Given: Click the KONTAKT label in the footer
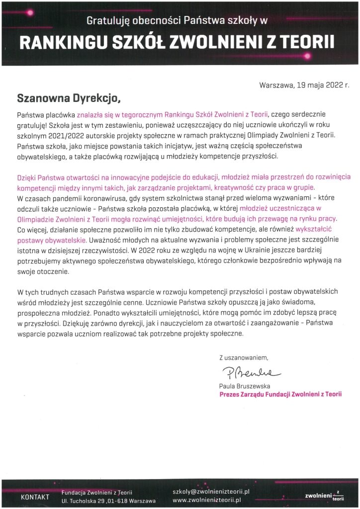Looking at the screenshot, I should pyautogui.click(x=35, y=497).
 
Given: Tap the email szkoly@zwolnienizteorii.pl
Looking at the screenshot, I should pyautogui.click(x=210, y=491).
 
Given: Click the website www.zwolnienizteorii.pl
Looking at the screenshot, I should pyautogui.click(x=206, y=500).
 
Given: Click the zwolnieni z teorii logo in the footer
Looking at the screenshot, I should pyautogui.click(x=324, y=496).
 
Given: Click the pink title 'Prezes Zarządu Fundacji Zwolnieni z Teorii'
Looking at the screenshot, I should pyautogui.click(x=280, y=394).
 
